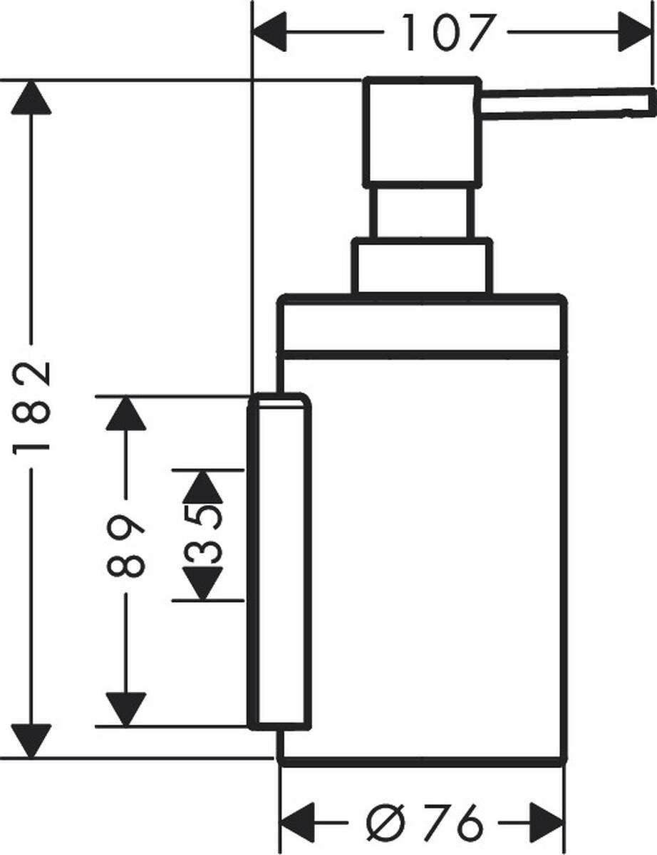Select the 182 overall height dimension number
point(32,407)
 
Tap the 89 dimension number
point(127,545)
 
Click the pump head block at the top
point(420,132)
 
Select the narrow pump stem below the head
point(420,211)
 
